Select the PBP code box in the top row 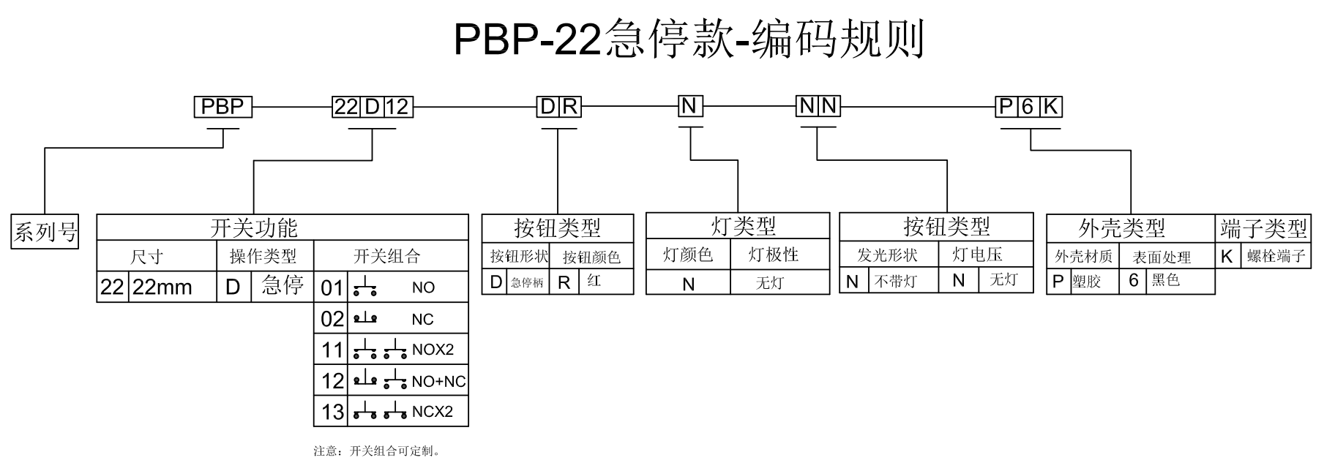(222, 108)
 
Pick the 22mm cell (162, 287)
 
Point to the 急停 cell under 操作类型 (282, 285)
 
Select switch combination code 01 (332, 287)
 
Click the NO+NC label (438, 381)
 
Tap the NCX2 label (433, 412)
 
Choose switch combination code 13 (332, 412)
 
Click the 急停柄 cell (527, 282)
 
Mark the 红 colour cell (594, 282)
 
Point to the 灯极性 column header (773, 255)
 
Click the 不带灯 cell (896, 282)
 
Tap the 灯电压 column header (977, 255)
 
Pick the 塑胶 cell (1086, 282)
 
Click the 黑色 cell (1165, 281)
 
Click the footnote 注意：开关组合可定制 (377, 451)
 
